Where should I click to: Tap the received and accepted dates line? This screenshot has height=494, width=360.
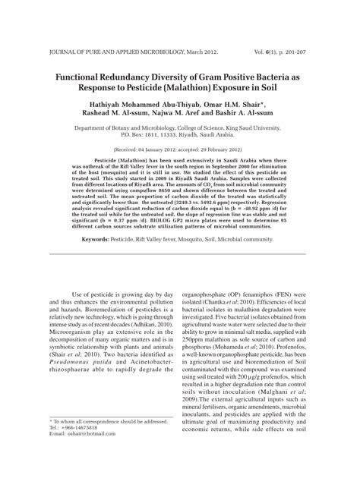179,151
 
